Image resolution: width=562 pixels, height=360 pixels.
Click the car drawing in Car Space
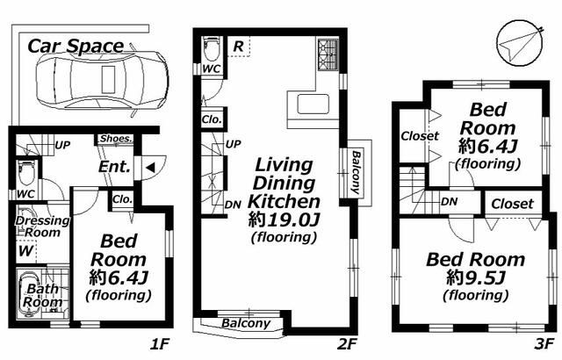pos(103,80)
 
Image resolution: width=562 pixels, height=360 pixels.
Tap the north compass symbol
pos(519,44)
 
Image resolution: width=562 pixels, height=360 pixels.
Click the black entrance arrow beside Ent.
pos(150,167)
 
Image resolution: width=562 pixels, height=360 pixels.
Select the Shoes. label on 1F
pos(116,139)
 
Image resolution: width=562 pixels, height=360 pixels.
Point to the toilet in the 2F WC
pos(211,50)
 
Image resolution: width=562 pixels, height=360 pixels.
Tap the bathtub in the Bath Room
pos(30,294)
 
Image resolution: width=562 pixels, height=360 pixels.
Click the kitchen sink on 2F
pos(313,104)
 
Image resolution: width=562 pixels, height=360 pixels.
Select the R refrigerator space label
pos(238,47)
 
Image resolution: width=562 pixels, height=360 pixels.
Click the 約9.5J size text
pos(476,277)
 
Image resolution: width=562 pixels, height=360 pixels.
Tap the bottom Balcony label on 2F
pos(246,323)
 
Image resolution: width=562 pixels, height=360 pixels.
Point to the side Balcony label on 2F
pos(355,172)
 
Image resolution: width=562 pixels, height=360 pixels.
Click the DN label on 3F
pos(449,202)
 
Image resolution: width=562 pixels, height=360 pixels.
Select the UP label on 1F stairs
pos(62,145)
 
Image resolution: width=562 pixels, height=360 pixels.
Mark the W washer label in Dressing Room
pos(25,251)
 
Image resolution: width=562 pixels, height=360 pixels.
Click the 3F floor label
pos(544,344)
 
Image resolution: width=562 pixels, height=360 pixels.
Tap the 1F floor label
pos(160,344)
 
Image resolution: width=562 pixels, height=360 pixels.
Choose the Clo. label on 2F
pos(212,119)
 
